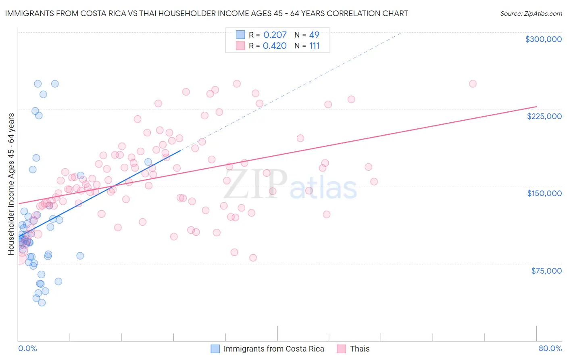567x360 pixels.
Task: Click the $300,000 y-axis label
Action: pyautogui.click(x=543, y=39)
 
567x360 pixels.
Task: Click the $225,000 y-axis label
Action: pyautogui.click(x=544, y=116)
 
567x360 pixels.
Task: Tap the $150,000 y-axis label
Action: pyautogui.click(x=544, y=193)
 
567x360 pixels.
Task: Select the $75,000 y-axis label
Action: pyautogui.click(x=546, y=271)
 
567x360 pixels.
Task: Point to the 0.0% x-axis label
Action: pyautogui.click(x=27, y=349)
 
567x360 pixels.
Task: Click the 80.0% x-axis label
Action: pyautogui.click(x=550, y=349)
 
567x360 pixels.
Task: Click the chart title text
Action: pyautogui.click(x=206, y=13)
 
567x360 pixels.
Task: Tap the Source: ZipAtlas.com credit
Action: pyautogui.click(x=531, y=14)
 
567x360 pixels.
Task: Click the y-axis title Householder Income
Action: pyautogui.click(x=11, y=184)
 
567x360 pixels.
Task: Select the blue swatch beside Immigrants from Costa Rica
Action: pyautogui.click(x=215, y=349)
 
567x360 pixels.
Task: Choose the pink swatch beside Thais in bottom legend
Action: pyautogui.click(x=342, y=349)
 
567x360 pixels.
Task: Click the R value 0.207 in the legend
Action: pyautogui.click(x=275, y=35)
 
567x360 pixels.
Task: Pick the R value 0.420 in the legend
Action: pyautogui.click(x=275, y=46)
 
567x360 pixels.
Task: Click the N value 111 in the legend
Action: pyautogui.click(x=314, y=46)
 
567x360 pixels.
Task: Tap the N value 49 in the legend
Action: pyautogui.click(x=314, y=35)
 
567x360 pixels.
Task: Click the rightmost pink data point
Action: pyautogui.click(x=473, y=84)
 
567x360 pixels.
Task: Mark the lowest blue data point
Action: pyautogui.click(x=42, y=303)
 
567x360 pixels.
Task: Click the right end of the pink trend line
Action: pyautogui.click(x=536, y=107)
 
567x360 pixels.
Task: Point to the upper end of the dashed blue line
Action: pyautogui.click(x=401, y=32)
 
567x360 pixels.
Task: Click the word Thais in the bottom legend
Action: pyautogui.click(x=360, y=349)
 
